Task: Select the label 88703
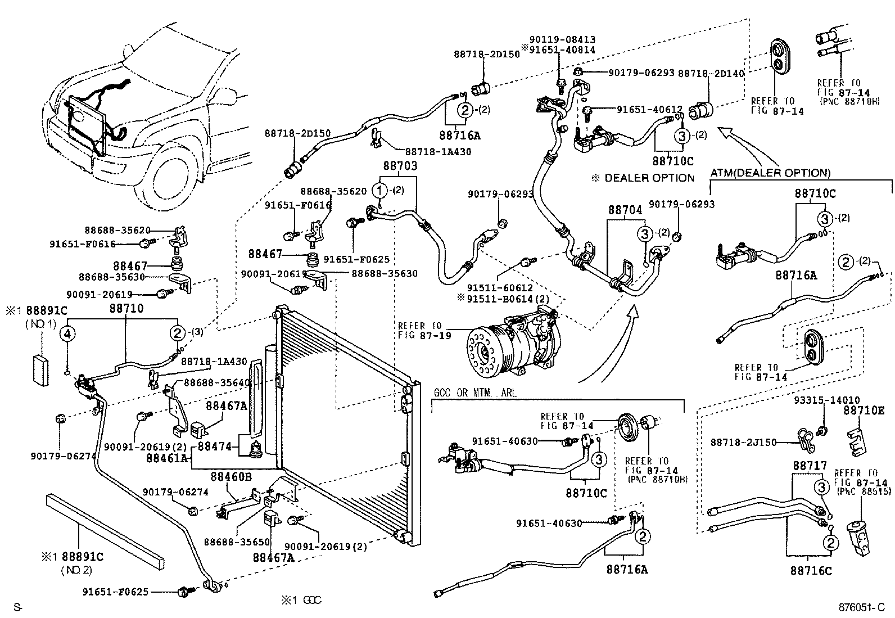[400, 166]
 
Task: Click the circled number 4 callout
[67, 334]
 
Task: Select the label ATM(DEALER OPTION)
[770, 173]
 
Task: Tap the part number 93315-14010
[819, 400]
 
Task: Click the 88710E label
[864, 411]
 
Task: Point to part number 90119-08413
[562, 40]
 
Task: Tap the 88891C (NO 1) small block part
[41, 369]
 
